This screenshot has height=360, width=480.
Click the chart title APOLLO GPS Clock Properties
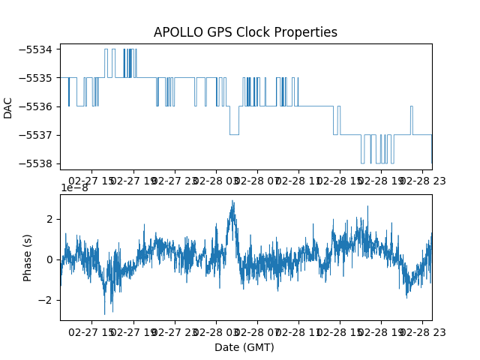click(245, 32)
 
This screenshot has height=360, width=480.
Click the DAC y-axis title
click(7, 108)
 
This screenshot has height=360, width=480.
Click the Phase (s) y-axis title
click(27, 258)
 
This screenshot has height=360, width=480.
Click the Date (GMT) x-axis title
click(244, 347)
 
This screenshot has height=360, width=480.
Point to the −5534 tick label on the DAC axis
click(35, 49)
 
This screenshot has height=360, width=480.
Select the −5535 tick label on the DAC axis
click(35, 78)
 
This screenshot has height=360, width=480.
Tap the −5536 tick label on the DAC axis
click(35, 106)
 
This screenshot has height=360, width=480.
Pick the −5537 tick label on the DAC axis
click(35, 135)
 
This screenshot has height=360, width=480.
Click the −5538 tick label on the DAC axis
click(35, 163)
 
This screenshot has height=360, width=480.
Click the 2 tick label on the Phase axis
click(49, 220)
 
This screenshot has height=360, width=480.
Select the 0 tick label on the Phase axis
click(49, 260)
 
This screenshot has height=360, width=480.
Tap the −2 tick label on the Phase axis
click(45, 300)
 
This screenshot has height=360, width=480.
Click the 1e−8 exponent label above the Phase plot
click(75, 187)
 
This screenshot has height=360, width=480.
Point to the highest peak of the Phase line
click(232, 200)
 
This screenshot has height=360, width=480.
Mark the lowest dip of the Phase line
click(105, 314)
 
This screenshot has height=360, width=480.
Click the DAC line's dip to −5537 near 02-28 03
click(234, 134)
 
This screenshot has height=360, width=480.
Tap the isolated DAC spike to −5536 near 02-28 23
click(412, 106)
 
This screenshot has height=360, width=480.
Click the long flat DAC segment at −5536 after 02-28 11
click(316, 106)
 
